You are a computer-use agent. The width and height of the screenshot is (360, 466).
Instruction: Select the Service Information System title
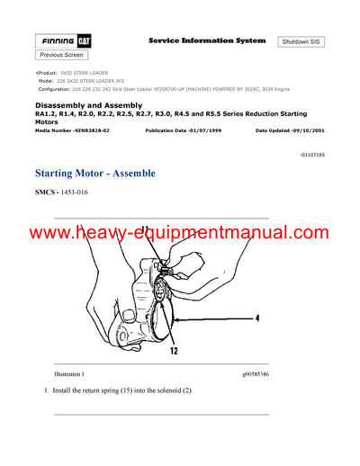206,40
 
